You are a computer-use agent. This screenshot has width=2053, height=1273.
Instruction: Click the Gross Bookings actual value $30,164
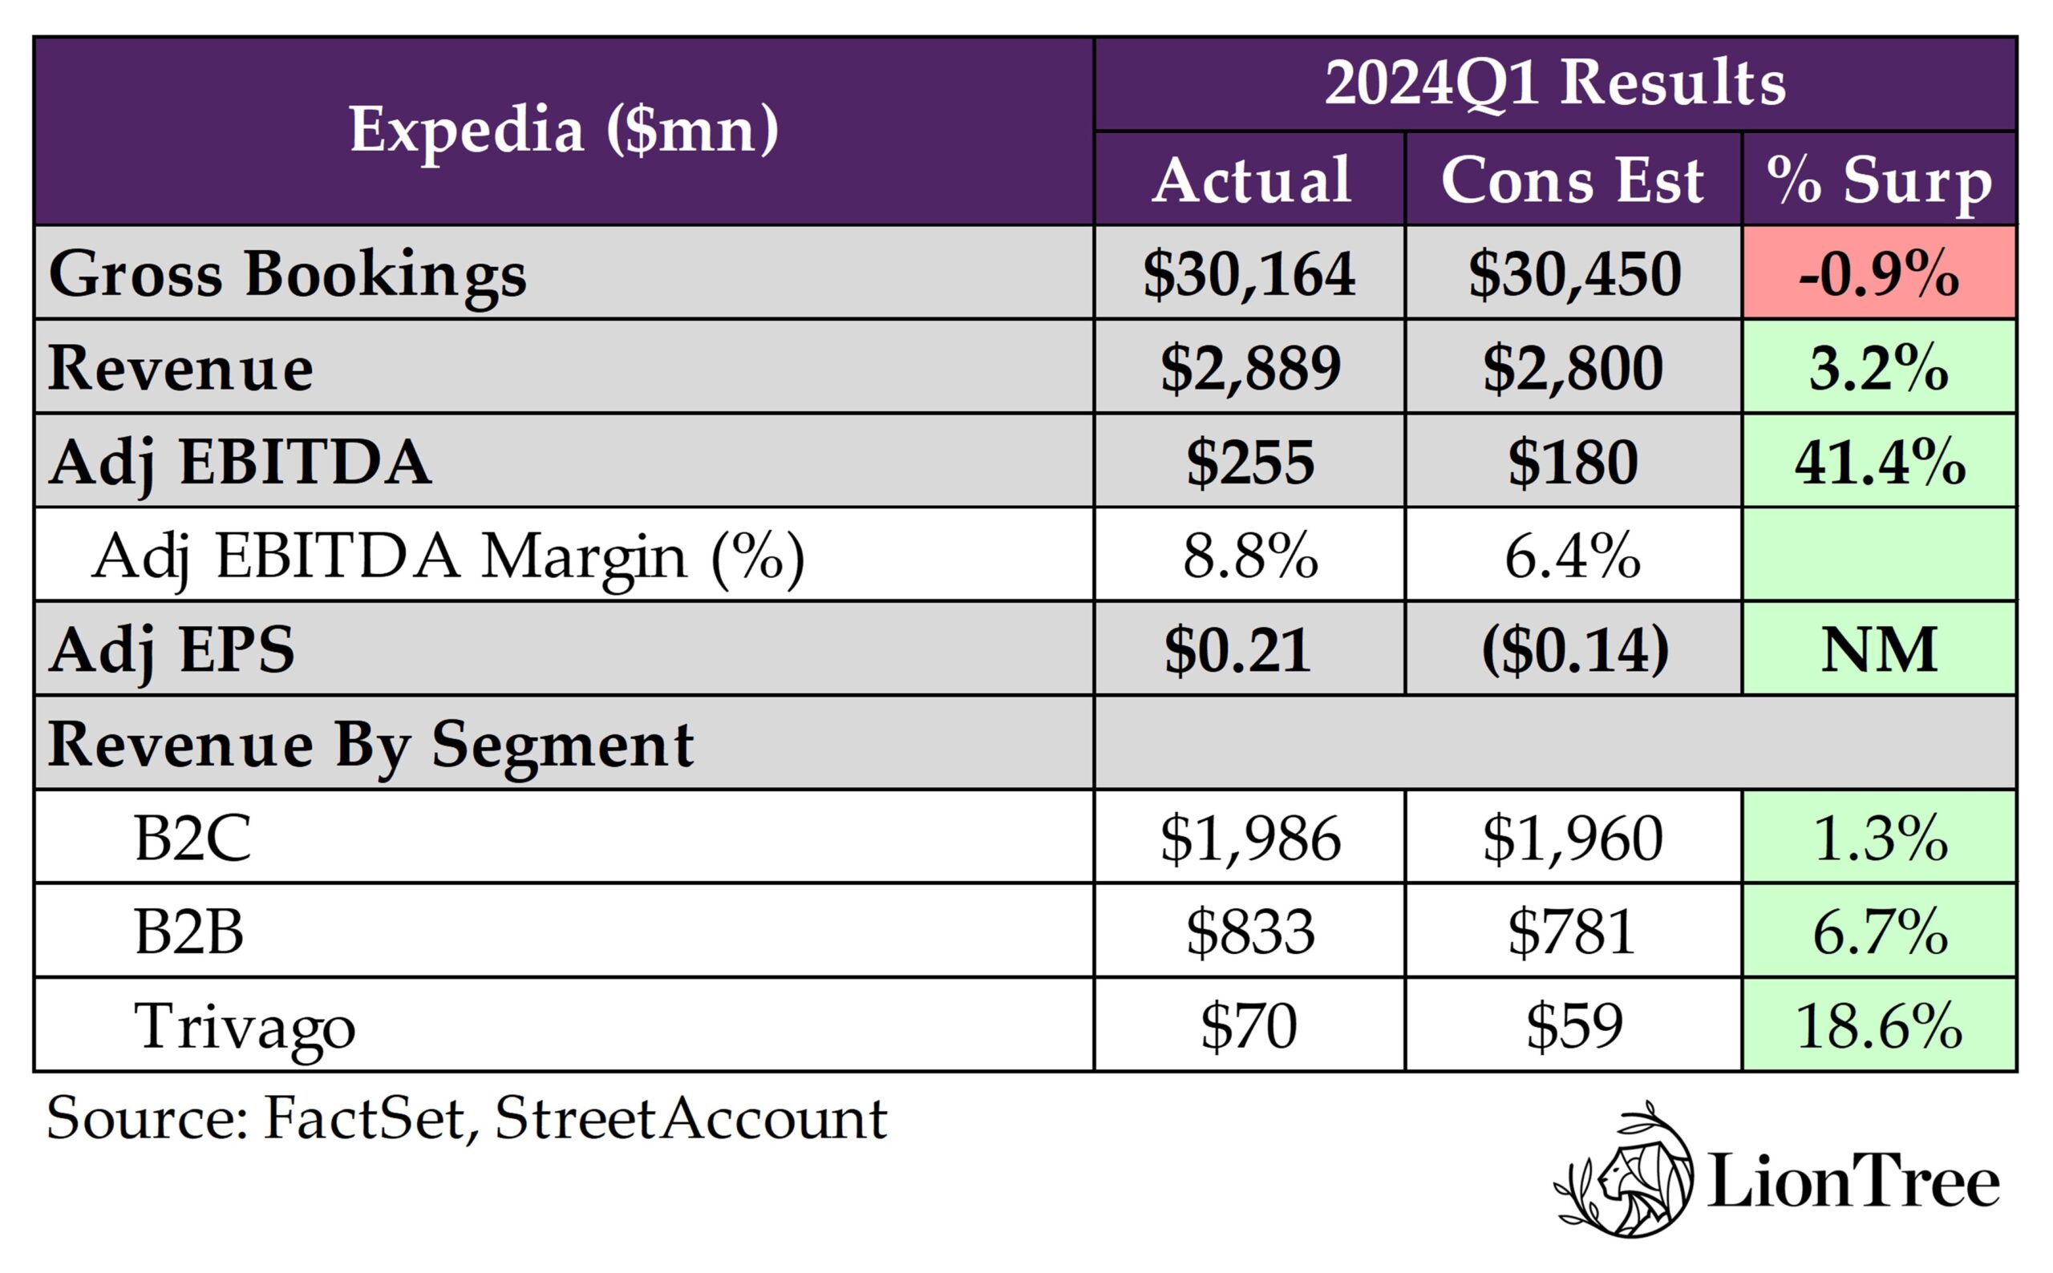pos(1249,273)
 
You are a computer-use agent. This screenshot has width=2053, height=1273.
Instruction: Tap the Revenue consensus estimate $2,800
pos(1572,368)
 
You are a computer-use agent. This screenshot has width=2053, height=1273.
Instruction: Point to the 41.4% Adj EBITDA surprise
pos(1879,463)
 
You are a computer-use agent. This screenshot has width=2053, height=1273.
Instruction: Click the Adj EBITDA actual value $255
pos(1249,463)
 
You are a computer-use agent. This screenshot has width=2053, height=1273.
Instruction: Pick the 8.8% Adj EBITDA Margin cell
pos(1249,556)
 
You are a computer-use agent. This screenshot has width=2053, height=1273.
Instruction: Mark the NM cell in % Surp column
pos(1879,649)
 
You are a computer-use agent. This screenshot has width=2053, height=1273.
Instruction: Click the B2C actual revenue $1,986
pos(1249,838)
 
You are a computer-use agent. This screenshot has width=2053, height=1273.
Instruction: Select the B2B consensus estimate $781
pos(1572,932)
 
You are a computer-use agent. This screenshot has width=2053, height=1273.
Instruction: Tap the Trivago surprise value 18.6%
pos(1879,1025)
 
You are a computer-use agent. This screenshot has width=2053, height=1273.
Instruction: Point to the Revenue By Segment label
pos(371,744)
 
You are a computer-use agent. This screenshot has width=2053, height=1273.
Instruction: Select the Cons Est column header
pos(1572,180)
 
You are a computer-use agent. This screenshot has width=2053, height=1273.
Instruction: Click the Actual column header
pos(1251,180)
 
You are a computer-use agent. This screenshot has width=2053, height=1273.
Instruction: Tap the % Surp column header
pos(1879,180)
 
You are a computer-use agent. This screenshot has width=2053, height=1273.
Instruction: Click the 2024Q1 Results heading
pos(1554,83)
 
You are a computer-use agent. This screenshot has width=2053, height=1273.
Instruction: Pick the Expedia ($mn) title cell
pos(563,131)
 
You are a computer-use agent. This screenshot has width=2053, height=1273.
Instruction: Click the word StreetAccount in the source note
pos(690,1118)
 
